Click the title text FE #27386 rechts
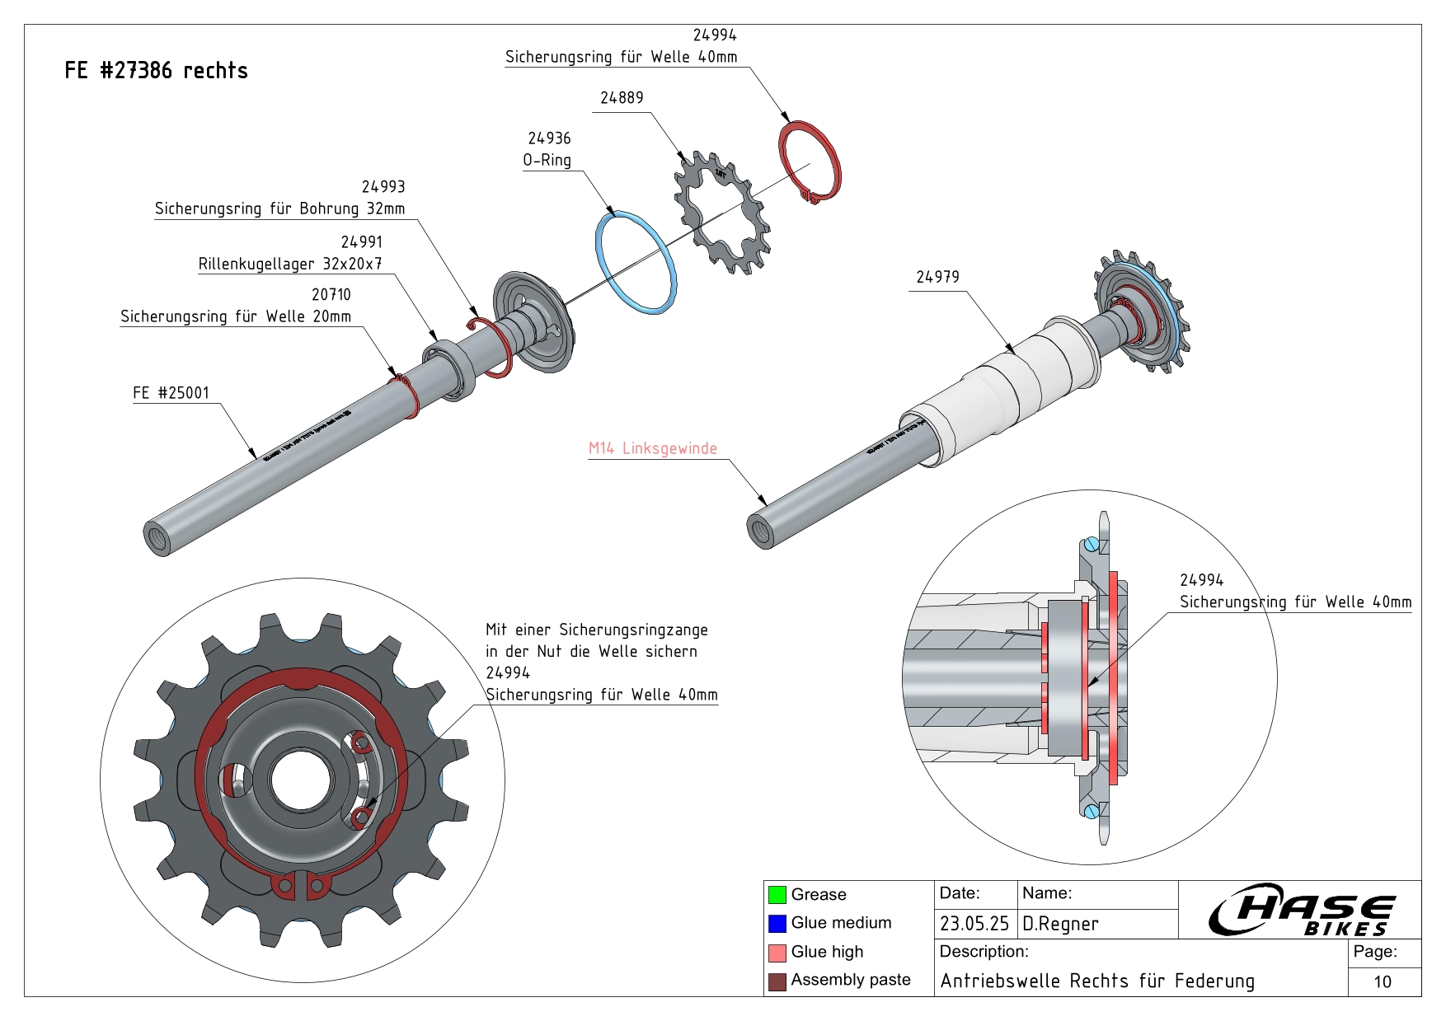pyautogui.click(x=156, y=71)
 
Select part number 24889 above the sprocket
pyautogui.click(x=622, y=98)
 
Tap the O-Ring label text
pyautogui.click(x=547, y=160)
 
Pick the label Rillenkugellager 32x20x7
pyautogui.click(x=289, y=264)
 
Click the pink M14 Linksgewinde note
pyautogui.click(x=652, y=448)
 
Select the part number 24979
pyautogui.click(x=937, y=277)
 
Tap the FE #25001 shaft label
pyautogui.click(x=171, y=393)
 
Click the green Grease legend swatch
pyautogui.click(x=777, y=894)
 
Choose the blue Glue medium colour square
pyautogui.click(x=777, y=923)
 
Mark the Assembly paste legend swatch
pyautogui.click(x=777, y=981)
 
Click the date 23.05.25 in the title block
pyautogui.click(x=974, y=924)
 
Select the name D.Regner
pyautogui.click(x=1060, y=924)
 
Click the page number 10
pyautogui.click(x=1383, y=981)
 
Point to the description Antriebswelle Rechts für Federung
pyautogui.click(x=1097, y=981)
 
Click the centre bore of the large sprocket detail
pyautogui.click(x=301, y=779)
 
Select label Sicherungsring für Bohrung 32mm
pyautogui.click(x=279, y=208)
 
